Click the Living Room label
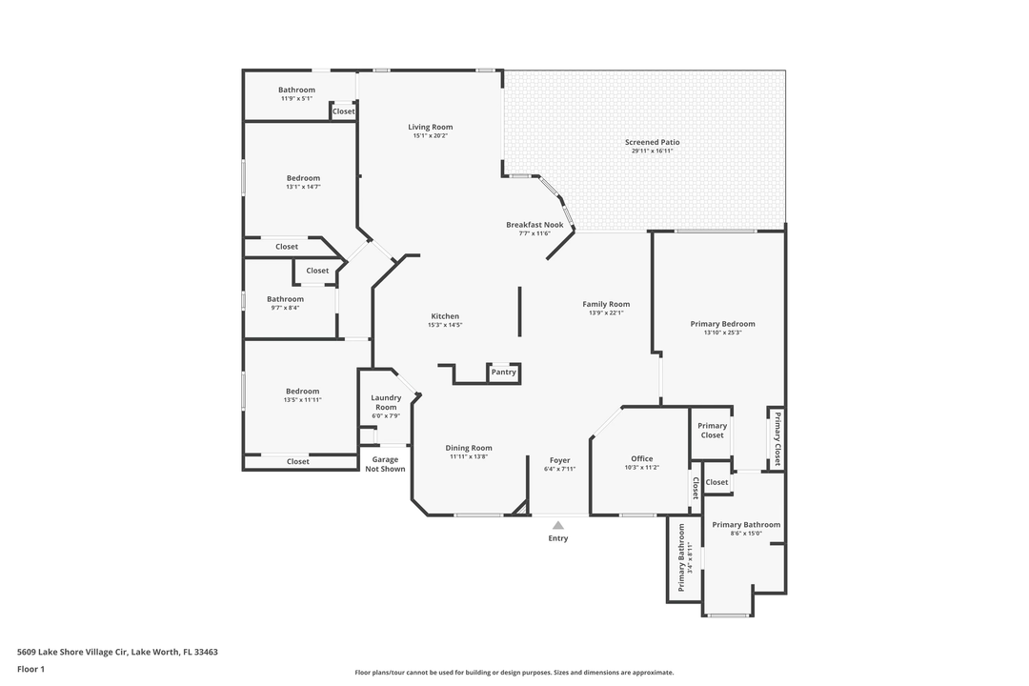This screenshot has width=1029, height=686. tap(430, 127)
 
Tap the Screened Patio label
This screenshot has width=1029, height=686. tap(652, 142)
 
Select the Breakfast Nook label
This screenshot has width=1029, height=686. tap(535, 225)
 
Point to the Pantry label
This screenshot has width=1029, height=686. tap(504, 373)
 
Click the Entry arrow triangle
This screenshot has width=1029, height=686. tap(558, 525)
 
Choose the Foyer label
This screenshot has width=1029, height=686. tap(559, 460)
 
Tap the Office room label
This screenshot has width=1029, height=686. tap(642, 458)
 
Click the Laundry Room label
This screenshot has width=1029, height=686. tap(386, 402)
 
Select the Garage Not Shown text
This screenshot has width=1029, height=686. tap(385, 464)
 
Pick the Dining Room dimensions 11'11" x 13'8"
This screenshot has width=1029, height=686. tap(469, 456)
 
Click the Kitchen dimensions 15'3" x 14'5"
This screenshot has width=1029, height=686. tap(445, 325)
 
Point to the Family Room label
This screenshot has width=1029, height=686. tap(606, 304)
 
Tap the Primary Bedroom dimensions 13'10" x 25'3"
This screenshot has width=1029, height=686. tap(722, 333)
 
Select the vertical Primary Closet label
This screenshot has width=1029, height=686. tap(777, 437)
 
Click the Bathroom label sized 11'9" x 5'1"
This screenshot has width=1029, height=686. tap(296, 90)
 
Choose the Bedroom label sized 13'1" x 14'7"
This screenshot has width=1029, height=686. tap(303, 178)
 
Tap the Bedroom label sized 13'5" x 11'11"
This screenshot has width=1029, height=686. tap(302, 391)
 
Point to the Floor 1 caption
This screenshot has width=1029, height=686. tap(30, 669)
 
